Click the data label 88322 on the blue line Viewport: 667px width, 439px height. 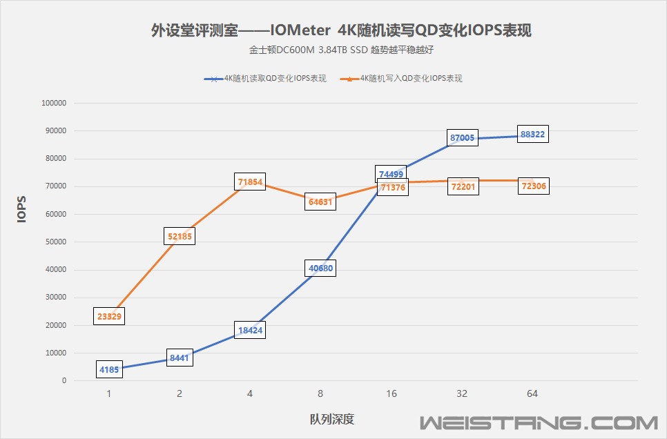point(532,135)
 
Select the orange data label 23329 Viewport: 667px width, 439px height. point(109,317)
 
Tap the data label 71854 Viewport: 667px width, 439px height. point(249,182)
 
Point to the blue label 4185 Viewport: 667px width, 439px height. point(109,369)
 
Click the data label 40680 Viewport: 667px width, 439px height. point(320,269)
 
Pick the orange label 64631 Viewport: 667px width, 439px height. point(320,202)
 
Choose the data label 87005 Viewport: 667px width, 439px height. point(462,138)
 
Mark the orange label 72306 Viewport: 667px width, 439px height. point(532,187)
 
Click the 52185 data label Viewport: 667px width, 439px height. point(180,236)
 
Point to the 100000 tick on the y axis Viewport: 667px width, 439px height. point(54,104)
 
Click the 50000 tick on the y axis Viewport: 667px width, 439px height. point(55,242)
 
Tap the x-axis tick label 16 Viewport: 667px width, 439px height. point(391,393)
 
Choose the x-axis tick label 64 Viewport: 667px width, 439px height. point(532,393)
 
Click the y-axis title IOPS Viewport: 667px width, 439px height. point(22,209)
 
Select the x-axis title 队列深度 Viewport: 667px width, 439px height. point(332,419)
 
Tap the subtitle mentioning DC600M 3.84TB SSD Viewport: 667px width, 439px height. point(341,50)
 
